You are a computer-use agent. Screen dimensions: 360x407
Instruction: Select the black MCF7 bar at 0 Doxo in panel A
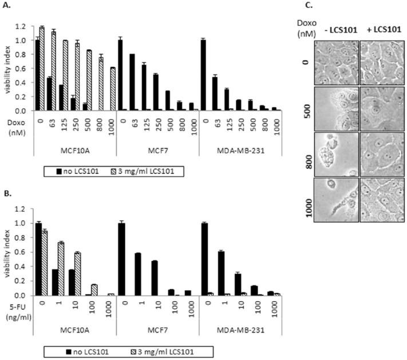(x=120, y=75)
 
